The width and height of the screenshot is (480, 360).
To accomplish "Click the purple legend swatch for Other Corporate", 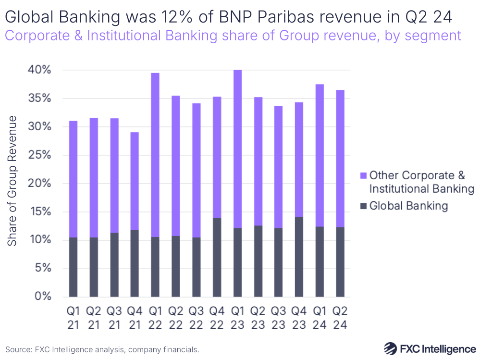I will point(363,176).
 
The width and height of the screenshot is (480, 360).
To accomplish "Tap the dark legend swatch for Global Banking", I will point(363,206).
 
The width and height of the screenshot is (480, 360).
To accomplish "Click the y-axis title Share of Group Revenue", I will point(12,181).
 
